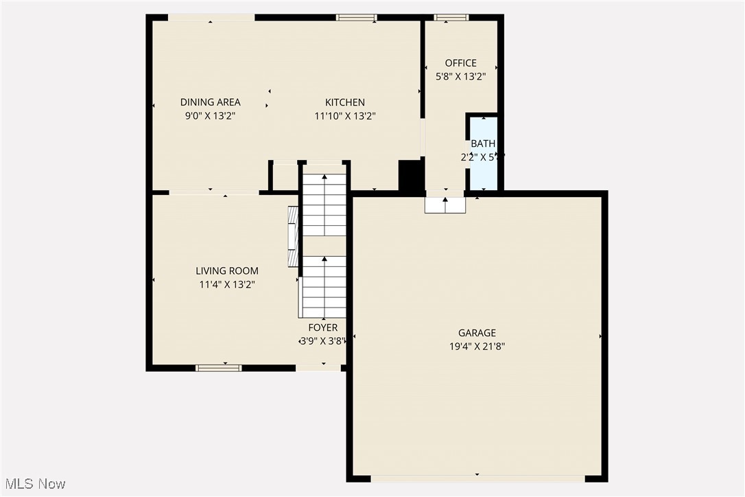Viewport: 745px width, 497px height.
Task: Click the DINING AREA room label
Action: (210, 102)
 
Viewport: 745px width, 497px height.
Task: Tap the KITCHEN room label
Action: (344, 102)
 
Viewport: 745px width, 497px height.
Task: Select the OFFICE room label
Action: (460, 63)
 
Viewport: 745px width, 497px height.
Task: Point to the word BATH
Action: (482, 143)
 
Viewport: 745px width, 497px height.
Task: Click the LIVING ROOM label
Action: (227, 271)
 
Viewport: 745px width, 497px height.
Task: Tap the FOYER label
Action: (322, 327)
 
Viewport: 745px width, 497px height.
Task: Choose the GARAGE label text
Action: (477, 334)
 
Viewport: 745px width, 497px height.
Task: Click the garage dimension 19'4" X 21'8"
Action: (477, 347)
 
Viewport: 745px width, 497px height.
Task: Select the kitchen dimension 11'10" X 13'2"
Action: (344, 116)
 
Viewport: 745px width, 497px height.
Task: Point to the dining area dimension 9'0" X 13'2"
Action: (210, 116)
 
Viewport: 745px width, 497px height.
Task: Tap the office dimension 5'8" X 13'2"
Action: (460, 77)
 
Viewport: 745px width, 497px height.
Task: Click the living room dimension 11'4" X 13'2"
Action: (227, 284)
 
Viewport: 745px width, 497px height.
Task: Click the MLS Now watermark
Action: (34, 484)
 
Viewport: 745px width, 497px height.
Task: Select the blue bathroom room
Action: (484, 172)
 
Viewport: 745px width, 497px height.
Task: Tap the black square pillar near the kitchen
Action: (410, 176)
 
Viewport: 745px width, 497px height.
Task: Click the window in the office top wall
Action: (451, 17)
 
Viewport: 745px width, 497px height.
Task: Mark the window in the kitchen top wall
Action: (356, 17)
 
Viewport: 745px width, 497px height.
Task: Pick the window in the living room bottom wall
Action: (219, 368)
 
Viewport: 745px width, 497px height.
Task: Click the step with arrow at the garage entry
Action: (445, 205)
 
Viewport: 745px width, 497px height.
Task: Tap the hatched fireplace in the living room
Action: (293, 236)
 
